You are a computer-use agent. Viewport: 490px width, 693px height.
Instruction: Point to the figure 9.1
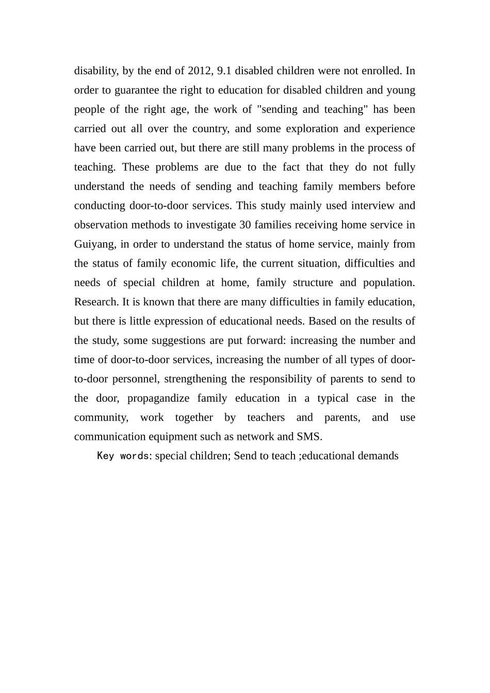click(224, 71)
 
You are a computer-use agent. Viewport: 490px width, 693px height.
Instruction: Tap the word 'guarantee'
click(137, 90)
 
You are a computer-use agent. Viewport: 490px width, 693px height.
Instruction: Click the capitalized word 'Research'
click(95, 302)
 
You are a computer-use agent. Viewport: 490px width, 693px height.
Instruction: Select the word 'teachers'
click(266, 418)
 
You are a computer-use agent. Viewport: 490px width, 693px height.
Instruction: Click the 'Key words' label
click(123, 456)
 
